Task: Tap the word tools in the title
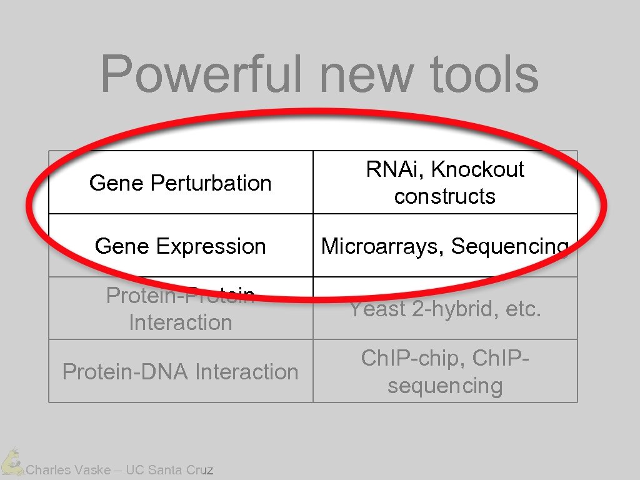pos(484,74)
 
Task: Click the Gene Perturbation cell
pos(180,183)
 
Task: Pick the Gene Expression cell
pos(180,246)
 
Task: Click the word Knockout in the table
pos(477,169)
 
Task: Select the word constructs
pos(444,196)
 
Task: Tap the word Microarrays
pos(382,246)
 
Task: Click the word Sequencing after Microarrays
pos(509,246)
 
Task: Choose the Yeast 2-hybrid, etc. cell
pos(444,309)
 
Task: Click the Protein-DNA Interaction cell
pos(180,372)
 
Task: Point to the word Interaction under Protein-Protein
pos(180,322)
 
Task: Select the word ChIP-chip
pos(413,358)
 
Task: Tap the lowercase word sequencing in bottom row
pos(444,386)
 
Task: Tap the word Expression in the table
pos(211,246)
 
